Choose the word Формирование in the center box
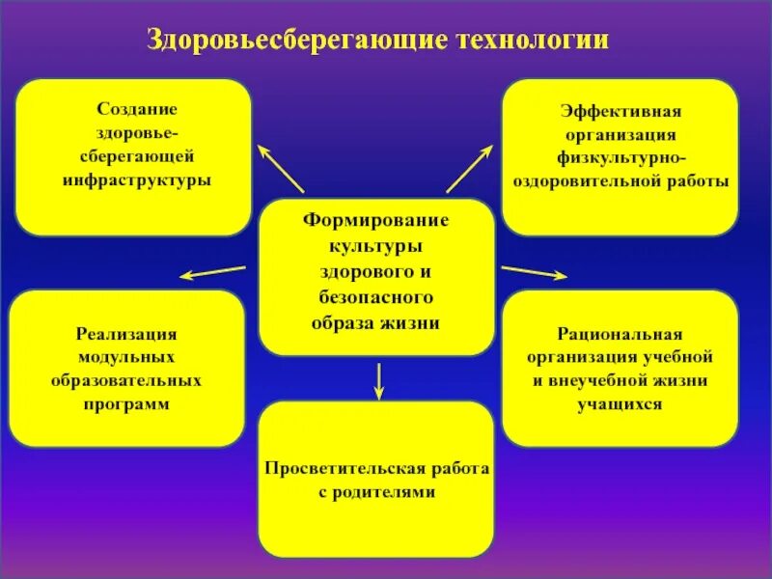tap(376, 221)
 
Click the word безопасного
tap(376, 297)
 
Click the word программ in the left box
tap(126, 404)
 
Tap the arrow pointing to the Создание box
tap(280, 169)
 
